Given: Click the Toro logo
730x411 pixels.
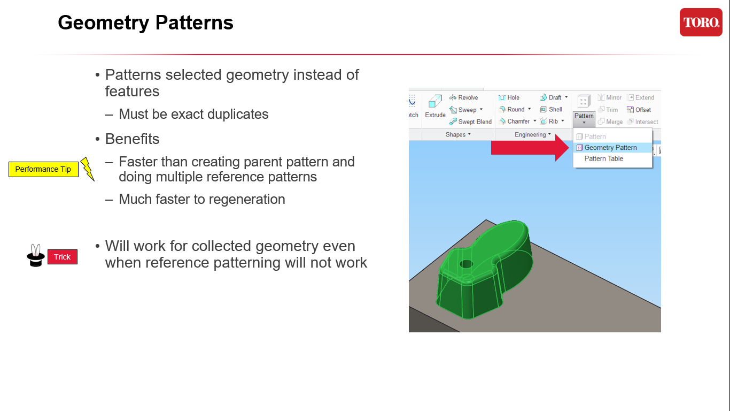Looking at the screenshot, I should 701,22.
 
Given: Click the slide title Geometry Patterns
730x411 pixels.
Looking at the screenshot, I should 145,22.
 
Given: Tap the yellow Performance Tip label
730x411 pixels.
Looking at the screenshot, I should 43,169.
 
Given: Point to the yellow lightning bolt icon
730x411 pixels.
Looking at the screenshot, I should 87,169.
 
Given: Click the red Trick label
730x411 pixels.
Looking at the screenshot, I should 63,257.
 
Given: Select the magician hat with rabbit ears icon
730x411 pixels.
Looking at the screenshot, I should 36,256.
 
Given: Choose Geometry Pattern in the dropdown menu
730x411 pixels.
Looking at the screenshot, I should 610,148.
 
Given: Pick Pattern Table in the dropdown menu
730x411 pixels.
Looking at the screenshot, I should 603,159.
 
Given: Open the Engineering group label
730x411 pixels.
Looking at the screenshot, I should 532,135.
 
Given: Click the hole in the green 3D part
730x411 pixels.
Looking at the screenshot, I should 467,264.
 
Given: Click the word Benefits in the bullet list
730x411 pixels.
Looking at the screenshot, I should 133,139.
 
